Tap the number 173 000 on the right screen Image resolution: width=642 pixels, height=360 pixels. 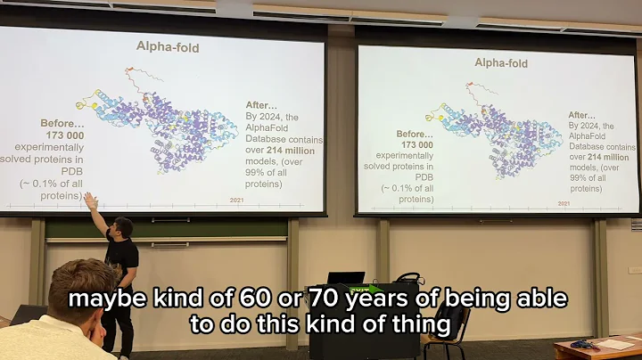click(x=415, y=144)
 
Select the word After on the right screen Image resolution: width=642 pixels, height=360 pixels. click(x=582, y=115)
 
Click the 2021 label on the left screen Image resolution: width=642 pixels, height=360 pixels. click(x=237, y=200)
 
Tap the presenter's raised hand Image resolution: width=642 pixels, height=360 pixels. click(x=89, y=201)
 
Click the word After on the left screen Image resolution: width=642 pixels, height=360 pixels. click(x=259, y=104)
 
